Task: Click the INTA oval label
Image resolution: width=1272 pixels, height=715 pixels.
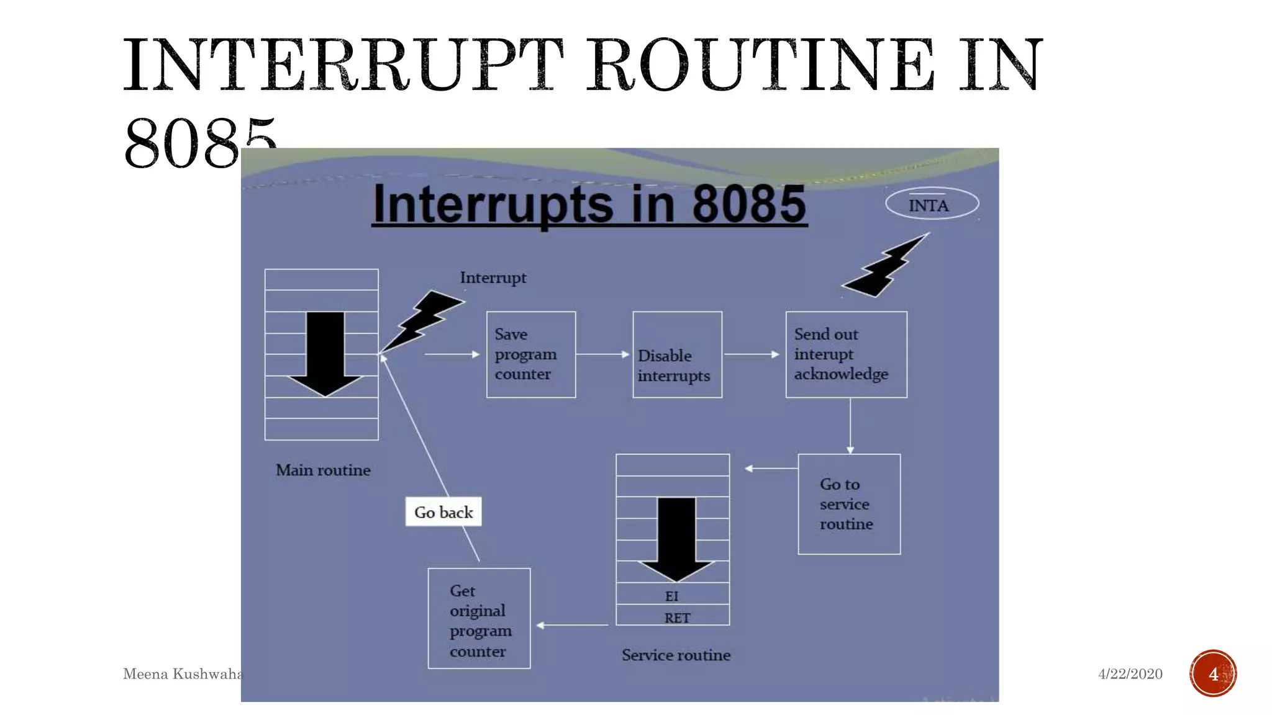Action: tap(932, 204)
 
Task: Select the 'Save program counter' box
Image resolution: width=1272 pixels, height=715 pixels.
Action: tap(531, 354)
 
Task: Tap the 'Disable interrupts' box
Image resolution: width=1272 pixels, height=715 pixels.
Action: tap(677, 355)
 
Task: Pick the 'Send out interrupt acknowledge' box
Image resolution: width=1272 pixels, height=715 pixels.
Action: tap(846, 354)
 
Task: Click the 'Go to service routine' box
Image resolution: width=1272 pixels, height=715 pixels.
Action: tap(849, 504)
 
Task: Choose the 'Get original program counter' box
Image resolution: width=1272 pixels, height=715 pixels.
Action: tap(479, 618)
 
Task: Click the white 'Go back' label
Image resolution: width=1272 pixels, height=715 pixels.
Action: tap(443, 512)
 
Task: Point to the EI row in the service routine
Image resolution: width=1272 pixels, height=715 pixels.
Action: tap(673, 595)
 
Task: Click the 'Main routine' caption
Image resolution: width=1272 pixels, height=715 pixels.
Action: tap(323, 470)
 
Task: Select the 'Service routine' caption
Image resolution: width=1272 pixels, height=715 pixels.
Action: tap(676, 655)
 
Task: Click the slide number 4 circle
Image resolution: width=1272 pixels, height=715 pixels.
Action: tap(1213, 673)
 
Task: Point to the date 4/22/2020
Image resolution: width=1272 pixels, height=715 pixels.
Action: tap(1130, 674)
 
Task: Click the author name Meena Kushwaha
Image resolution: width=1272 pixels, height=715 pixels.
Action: tap(182, 674)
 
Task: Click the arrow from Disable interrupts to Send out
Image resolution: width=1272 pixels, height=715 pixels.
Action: tap(752, 354)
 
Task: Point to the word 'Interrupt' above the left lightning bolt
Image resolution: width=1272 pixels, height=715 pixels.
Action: tap(493, 277)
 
